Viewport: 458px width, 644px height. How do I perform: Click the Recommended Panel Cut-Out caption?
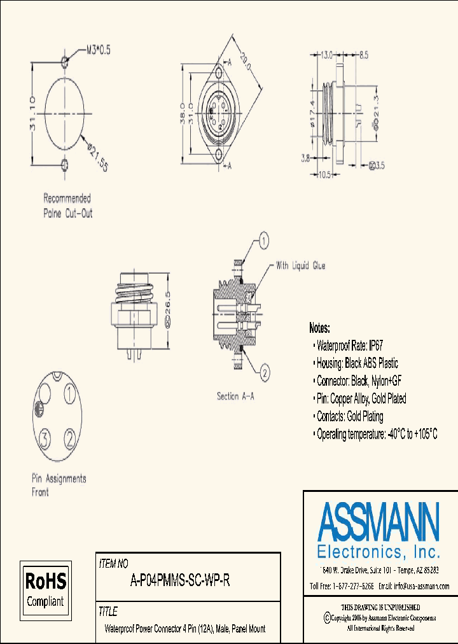(67, 206)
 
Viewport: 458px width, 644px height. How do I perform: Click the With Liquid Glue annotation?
(300, 265)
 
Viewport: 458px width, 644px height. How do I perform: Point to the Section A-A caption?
(235, 396)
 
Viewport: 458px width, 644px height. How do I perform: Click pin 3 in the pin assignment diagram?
(45, 438)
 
